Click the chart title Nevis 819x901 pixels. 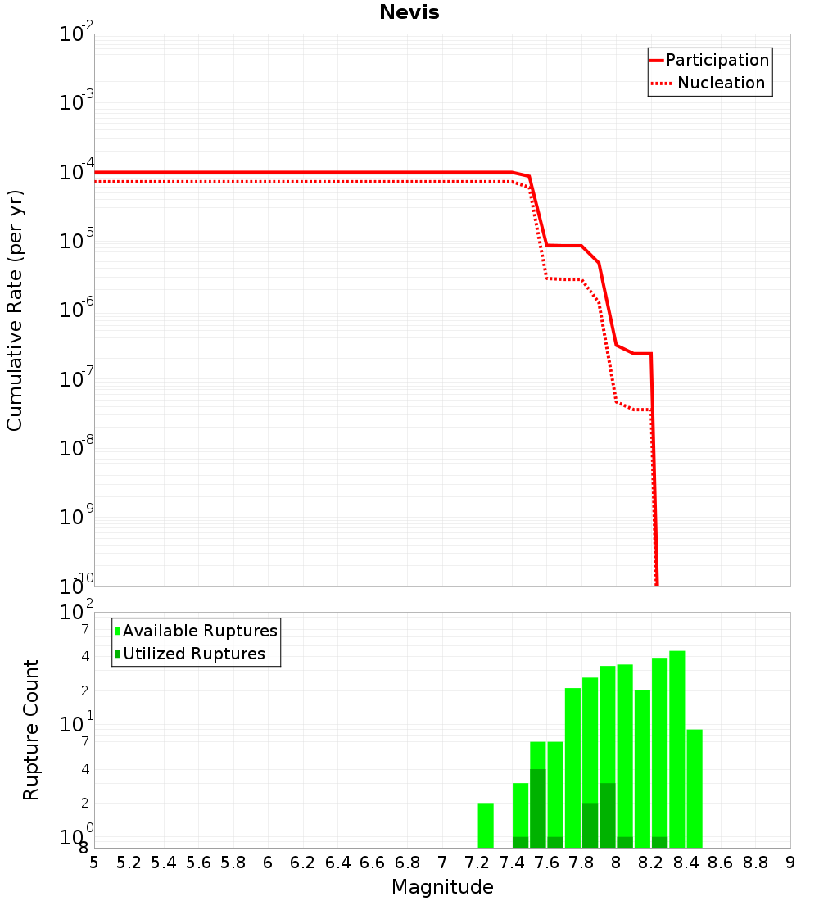[x=409, y=13]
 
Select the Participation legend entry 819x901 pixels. [x=717, y=61]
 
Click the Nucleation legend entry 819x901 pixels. [x=720, y=84]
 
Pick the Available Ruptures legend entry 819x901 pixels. [x=200, y=632]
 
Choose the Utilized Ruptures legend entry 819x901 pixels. [x=193, y=654]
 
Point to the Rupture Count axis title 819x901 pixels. [x=31, y=730]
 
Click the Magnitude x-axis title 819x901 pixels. [x=442, y=887]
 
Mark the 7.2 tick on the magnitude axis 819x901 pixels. [x=477, y=863]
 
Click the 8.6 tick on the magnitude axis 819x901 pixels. [x=721, y=863]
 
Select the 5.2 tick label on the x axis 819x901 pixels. [x=129, y=863]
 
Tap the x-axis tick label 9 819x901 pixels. [x=790, y=863]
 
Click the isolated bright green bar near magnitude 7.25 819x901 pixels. [x=486, y=826]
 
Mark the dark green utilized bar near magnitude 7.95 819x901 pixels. [x=608, y=816]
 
